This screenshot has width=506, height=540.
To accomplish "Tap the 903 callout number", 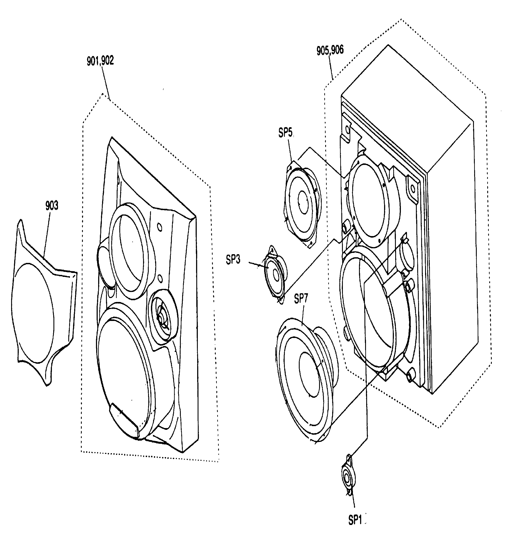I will click(52, 206).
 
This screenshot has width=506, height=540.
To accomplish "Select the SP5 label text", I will click(285, 133).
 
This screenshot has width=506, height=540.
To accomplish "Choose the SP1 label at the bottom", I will click(355, 520).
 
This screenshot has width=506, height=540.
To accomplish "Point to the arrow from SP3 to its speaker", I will click(257, 265).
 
